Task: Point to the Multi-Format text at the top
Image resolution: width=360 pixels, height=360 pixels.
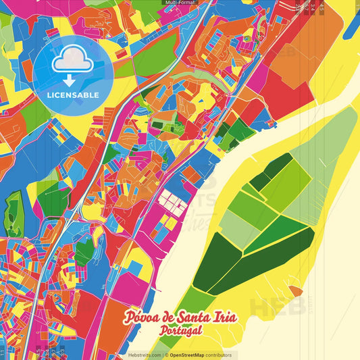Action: (180, 3)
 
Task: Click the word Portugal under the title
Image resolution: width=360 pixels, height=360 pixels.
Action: (180, 332)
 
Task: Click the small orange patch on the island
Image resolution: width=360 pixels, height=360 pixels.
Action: (295, 291)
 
